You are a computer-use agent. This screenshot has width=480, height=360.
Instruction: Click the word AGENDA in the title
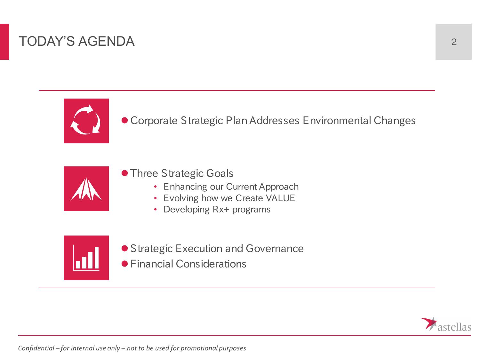tap(106, 41)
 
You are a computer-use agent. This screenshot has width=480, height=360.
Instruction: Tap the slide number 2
tap(454, 42)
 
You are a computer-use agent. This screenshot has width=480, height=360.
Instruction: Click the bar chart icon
tap(86, 258)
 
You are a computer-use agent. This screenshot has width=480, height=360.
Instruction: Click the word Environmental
tap(337, 120)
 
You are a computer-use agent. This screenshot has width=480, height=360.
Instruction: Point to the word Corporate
tap(154, 121)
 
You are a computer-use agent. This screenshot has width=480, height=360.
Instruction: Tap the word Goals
tap(220, 173)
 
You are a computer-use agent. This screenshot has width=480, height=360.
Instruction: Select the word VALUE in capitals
tap(280, 198)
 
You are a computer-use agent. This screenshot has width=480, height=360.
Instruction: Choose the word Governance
tap(275, 249)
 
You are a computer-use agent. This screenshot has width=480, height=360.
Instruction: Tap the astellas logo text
tap(454, 327)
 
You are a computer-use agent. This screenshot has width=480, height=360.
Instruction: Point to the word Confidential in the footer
tap(36, 348)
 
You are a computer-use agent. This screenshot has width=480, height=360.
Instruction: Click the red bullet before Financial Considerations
tap(124, 264)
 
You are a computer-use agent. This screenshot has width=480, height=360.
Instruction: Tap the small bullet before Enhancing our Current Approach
tap(155, 187)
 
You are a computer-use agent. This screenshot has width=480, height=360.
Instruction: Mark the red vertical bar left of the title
tap(4, 42)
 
